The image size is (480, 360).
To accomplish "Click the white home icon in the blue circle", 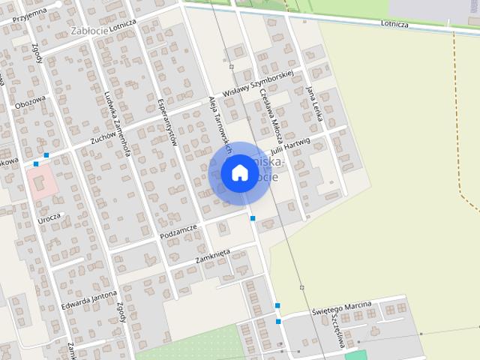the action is pos(239,173).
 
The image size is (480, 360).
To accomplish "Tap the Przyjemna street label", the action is pos(25,13).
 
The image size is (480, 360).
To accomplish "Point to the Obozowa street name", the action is pos(31,100).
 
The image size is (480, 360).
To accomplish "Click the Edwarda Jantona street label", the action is pos(89,297).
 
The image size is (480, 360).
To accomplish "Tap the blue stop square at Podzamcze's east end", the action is pos(253,218).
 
